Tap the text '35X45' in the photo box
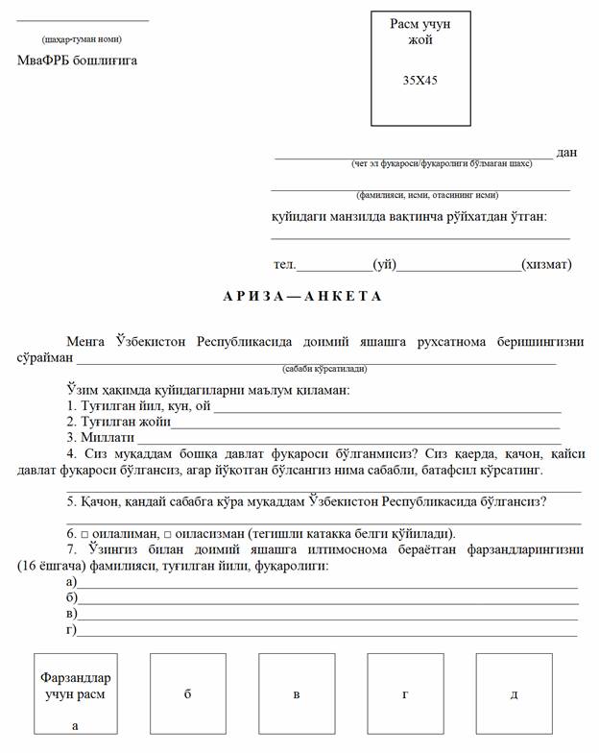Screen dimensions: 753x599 pyautogui.click(x=420, y=81)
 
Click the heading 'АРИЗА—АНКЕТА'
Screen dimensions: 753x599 pyautogui.click(x=302, y=296)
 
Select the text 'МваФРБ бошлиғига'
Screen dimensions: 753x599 pyautogui.click(x=78, y=61)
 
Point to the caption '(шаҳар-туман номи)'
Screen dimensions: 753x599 pyautogui.click(x=82, y=39)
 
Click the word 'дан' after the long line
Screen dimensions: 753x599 pyautogui.click(x=566, y=152)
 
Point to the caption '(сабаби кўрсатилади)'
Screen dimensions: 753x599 pyautogui.click(x=324, y=369)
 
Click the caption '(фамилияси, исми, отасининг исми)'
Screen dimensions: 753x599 pyautogui.click(x=420, y=193)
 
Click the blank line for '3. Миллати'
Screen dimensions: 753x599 pyautogui.click(x=350, y=440)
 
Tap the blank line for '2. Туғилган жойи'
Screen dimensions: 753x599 pyautogui.click(x=365, y=424)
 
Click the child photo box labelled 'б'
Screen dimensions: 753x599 pyautogui.click(x=187, y=692)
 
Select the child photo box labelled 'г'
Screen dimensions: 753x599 pyautogui.click(x=405, y=692)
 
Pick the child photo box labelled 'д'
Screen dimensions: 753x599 pyautogui.click(x=514, y=692)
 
